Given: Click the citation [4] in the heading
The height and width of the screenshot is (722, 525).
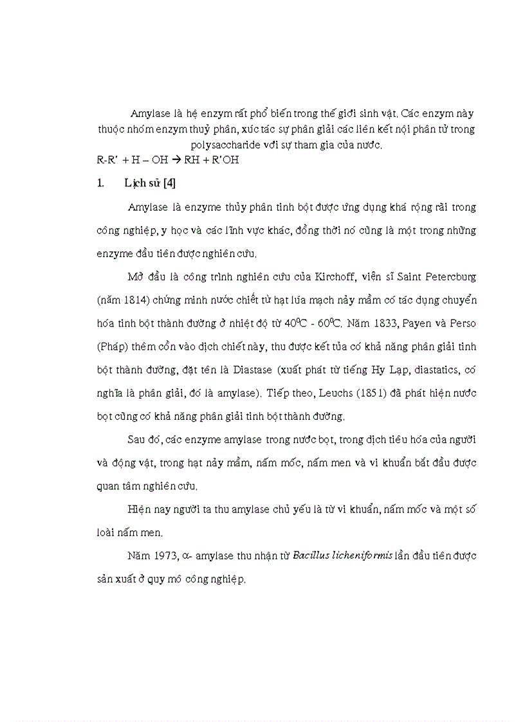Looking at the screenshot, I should pyautogui.click(x=169, y=183).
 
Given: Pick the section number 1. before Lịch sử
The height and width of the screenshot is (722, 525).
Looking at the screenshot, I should pyautogui.click(x=100, y=183).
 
